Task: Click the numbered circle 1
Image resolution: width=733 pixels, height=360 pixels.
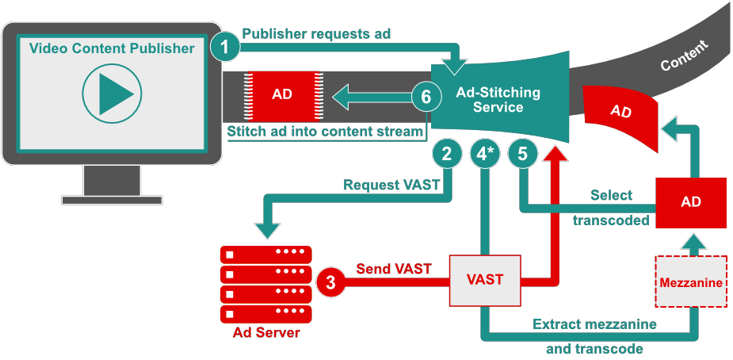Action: pyautogui.click(x=226, y=48)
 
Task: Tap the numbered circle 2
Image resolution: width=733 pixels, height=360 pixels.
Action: pyautogui.click(x=447, y=155)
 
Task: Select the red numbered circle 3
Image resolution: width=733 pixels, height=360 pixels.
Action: pyautogui.click(x=331, y=281)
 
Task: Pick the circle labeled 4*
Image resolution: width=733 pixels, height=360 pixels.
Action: pyautogui.click(x=484, y=155)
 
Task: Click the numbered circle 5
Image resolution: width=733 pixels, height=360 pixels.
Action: pyautogui.click(x=522, y=155)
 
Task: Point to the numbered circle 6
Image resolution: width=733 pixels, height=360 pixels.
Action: pyautogui.click(x=426, y=98)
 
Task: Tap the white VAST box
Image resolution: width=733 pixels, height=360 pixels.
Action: pyautogui.click(x=485, y=280)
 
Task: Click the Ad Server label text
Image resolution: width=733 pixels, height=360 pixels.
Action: pyautogui.click(x=266, y=333)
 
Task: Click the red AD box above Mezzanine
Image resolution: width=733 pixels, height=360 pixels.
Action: pyautogui.click(x=690, y=202)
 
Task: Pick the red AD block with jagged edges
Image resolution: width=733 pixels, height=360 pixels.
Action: pyautogui.click(x=281, y=94)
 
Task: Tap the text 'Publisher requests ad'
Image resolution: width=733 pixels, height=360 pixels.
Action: pyautogui.click(x=316, y=34)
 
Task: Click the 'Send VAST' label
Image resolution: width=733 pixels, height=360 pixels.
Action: pyautogui.click(x=394, y=269)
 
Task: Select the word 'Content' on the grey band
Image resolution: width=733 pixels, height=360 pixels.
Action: pyautogui.click(x=684, y=56)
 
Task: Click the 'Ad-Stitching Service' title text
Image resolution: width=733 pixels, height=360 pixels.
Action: pyautogui.click(x=498, y=100)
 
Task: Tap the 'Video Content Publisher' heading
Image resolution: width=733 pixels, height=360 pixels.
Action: pyautogui.click(x=112, y=48)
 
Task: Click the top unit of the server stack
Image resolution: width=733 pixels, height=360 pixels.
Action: pyautogui.click(x=266, y=255)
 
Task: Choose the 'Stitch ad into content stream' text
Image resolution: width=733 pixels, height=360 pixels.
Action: pyautogui.click(x=325, y=132)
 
